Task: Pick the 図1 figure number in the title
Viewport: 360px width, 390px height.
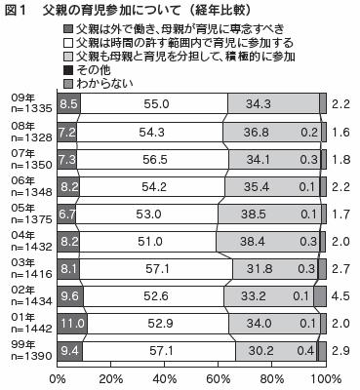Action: click(17, 11)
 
